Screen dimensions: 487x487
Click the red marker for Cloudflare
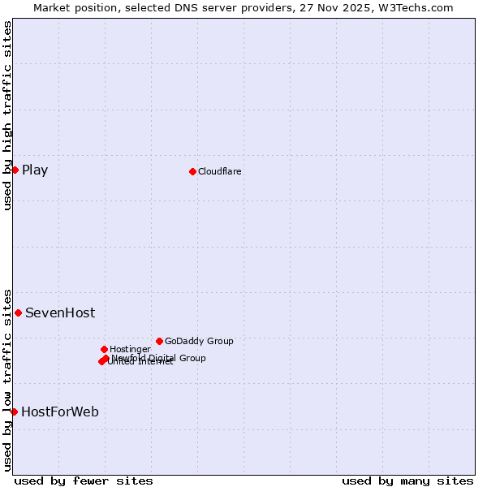(x=192, y=171)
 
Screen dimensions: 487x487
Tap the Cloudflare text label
(x=220, y=171)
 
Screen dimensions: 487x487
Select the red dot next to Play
(x=15, y=170)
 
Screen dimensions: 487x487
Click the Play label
(x=35, y=170)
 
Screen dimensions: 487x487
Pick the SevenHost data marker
(x=18, y=312)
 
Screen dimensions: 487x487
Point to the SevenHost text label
(x=60, y=312)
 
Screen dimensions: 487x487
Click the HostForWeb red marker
(x=14, y=412)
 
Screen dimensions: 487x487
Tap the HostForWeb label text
(x=60, y=412)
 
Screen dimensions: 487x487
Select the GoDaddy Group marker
(x=159, y=341)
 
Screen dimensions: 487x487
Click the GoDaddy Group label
(x=199, y=341)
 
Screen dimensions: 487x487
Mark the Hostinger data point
(x=104, y=349)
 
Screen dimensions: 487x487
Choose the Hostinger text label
(x=130, y=349)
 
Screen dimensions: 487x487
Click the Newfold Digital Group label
(x=159, y=358)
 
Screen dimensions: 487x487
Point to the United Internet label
(x=140, y=362)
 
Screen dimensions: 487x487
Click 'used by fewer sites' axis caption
(x=84, y=481)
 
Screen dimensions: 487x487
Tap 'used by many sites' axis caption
(x=407, y=481)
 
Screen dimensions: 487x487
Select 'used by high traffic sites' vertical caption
(x=7, y=115)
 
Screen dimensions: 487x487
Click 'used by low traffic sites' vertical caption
(x=7, y=380)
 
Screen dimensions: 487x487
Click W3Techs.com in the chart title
(x=416, y=7)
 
